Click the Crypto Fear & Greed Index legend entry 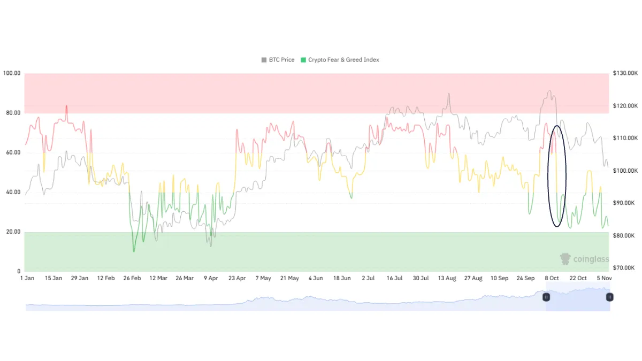[x=340, y=60]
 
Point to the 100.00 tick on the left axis [x=12, y=73]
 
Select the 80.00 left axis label [x=12, y=113]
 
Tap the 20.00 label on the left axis [x=12, y=232]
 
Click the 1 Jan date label [x=27, y=278]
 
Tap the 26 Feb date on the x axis [x=132, y=278]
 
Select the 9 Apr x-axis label [x=211, y=278]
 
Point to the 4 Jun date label [x=316, y=278]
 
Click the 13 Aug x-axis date [x=447, y=278]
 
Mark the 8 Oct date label [x=552, y=278]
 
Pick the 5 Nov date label [x=604, y=278]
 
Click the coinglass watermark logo [x=584, y=259]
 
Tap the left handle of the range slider [x=546, y=297]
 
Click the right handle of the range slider [x=609, y=297]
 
